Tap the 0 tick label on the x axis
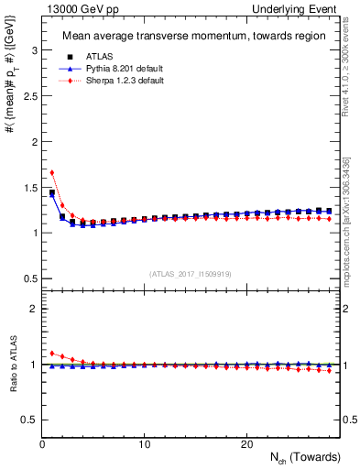43,444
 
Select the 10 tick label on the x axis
144,444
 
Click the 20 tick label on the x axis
245,444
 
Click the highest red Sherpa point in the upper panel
52,172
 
